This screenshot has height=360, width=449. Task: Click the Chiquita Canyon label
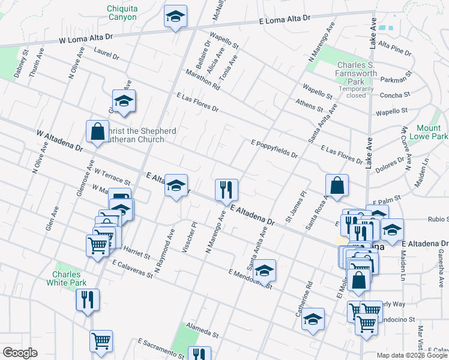point(122,13)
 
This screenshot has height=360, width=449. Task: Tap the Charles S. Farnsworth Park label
point(360,73)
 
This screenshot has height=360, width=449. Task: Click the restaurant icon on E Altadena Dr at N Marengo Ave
point(227,189)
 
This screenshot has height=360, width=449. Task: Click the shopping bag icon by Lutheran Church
point(97,131)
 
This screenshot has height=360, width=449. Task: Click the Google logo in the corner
point(19,352)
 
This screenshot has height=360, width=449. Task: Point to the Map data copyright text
point(412,355)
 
